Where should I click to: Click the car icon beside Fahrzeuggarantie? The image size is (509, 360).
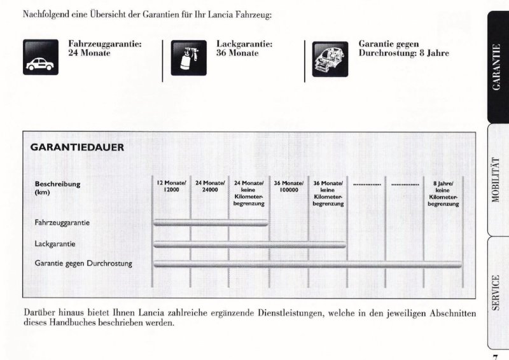pos(41,58)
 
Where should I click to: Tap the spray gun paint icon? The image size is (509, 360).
pos(189,58)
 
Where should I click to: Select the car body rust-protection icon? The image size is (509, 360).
pos(330,58)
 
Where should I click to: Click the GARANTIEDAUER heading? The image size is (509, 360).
pos(77,148)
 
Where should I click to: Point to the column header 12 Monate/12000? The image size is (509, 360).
pos(171,186)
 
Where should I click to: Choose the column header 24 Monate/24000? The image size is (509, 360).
pos(210,186)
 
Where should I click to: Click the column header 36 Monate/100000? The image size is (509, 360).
pos(289,186)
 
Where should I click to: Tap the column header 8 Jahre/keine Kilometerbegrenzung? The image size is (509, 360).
pos(443,193)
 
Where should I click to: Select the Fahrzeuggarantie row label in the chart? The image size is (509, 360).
pos(62,223)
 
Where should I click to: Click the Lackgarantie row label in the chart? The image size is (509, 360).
pos(55,244)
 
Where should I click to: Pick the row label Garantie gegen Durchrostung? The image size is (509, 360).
pos(83,263)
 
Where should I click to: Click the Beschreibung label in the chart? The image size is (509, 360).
pos(57,184)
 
